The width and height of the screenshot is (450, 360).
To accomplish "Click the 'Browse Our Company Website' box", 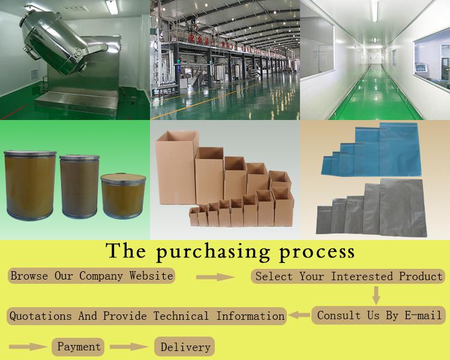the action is (x=91, y=275).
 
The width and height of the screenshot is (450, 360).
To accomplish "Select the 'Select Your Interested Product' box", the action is (x=348, y=276).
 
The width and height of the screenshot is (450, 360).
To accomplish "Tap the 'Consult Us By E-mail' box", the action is (x=379, y=315).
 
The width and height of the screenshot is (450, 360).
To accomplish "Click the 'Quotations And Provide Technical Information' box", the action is (x=146, y=316).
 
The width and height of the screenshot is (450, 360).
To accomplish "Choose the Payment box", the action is (x=78, y=347).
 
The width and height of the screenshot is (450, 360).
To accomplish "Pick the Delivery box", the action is (x=185, y=347).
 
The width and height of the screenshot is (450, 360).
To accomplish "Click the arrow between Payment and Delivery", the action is (x=129, y=347).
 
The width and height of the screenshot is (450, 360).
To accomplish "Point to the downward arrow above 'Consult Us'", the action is (x=376, y=295).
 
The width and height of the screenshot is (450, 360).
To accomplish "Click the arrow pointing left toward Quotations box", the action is (x=299, y=315).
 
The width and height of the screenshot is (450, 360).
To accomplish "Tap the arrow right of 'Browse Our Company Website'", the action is (x=215, y=277).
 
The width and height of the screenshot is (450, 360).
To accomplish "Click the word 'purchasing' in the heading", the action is (x=214, y=252).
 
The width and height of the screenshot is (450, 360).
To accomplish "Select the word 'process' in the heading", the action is (x=317, y=253).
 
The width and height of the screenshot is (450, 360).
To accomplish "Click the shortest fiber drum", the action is (x=123, y=196).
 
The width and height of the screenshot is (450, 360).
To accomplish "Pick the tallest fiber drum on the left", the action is (x=30, y=185).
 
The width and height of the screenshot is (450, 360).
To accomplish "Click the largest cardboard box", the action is (x=176, y=167).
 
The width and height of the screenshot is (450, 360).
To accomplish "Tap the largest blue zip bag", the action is (x=400, y=149).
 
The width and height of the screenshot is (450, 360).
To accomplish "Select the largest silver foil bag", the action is (x=403, y=208).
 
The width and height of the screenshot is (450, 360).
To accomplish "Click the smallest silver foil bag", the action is (x=324, y=220).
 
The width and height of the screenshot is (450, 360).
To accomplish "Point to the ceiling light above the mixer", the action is (x=112, y=7).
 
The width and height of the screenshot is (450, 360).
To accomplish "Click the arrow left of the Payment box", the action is (x=28, y=347).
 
